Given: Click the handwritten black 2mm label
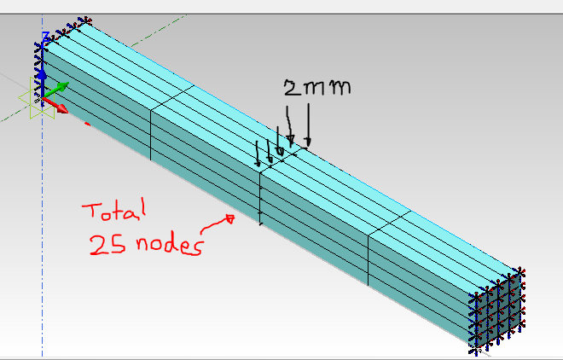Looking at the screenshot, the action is tap(317, 88).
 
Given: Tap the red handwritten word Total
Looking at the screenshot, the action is tap(114, 209).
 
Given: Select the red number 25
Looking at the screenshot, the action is tap(108, 245).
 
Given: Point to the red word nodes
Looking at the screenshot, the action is tap(170, 246).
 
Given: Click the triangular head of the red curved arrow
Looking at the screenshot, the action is tap(230, 218).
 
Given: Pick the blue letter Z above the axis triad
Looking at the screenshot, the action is tap(45, 36).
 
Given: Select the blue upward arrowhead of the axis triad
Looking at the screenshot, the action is tap(43, 74).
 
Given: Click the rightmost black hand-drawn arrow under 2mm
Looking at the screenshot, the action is tap(308, 125).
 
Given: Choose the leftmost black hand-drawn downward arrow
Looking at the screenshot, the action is tap(258, 154).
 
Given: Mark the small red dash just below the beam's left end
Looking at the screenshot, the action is tap(87, 125).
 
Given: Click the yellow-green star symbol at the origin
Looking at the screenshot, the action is tap(40, 99).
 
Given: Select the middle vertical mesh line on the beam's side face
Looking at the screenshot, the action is tap(260, 198).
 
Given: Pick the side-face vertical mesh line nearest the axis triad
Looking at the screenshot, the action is tap(151, 135).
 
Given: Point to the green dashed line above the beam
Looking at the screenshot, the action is tap(159, 31).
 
